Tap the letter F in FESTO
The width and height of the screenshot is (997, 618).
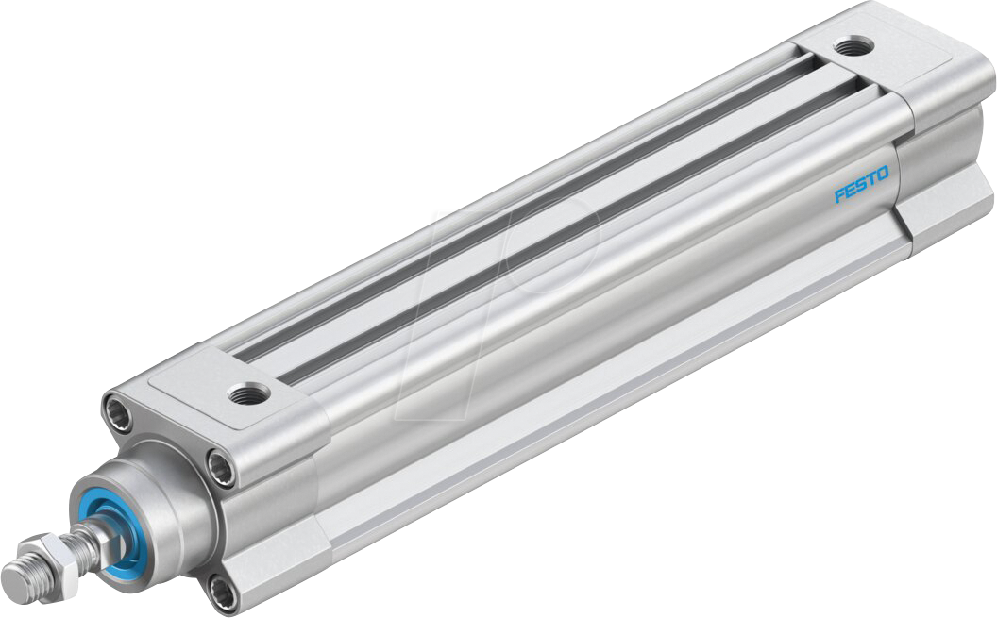tap(839, 195)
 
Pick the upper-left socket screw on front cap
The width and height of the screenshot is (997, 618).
tap(120, 411)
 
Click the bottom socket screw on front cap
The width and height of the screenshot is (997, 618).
tap(223, 592)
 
